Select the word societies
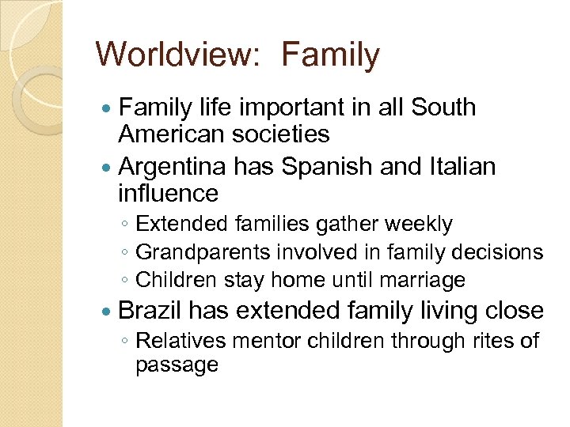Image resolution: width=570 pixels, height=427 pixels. point(280,134)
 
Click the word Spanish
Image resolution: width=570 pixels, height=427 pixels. point(319,167)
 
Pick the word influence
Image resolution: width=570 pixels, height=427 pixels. point(168,193)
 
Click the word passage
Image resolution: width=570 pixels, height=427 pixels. point(176,365)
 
